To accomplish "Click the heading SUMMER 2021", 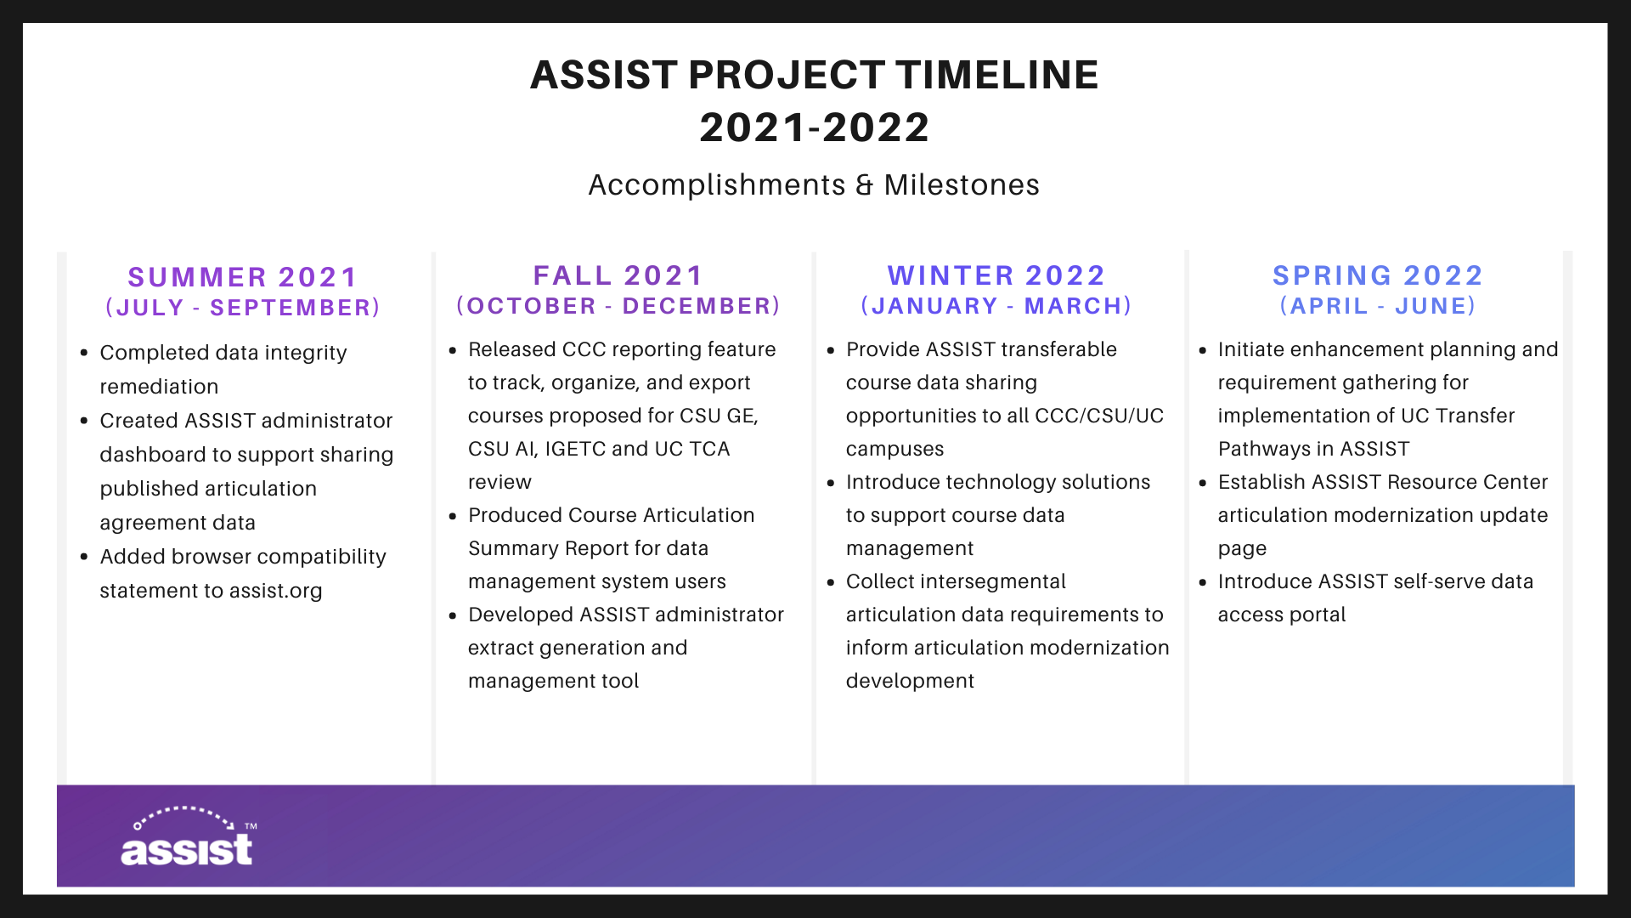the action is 243,277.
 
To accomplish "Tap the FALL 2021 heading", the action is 618,275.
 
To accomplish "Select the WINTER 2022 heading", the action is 996,275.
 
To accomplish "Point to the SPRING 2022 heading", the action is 1378,275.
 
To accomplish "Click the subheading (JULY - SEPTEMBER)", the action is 243,308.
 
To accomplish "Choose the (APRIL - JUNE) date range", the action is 1378,306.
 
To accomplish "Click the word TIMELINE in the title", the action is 997,75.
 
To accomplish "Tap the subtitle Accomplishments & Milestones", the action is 814,184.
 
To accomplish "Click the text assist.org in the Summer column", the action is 275,591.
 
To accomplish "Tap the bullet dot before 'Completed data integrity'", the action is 84,353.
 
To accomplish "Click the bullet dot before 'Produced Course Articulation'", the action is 453,515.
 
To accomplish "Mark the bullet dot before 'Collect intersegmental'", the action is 831,581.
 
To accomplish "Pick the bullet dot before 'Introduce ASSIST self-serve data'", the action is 1203,581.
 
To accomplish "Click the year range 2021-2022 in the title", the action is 815,127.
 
